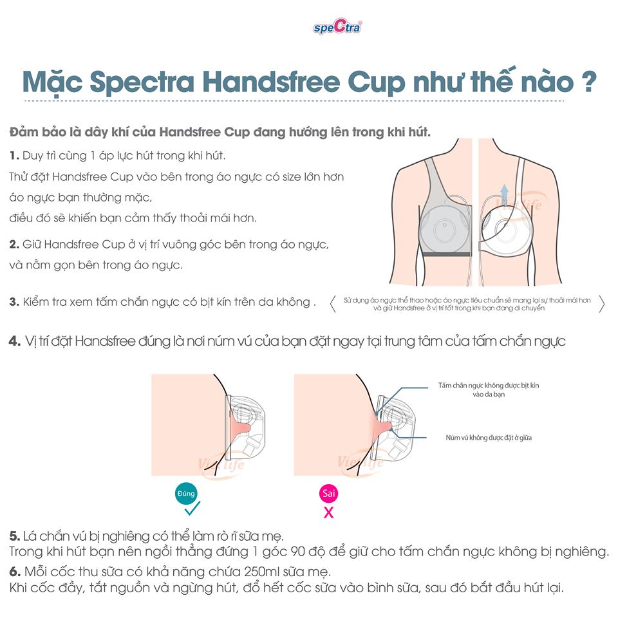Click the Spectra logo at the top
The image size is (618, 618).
(x=337, y=26)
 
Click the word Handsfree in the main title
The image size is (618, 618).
(x=271, y=82)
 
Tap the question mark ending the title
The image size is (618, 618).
(x=589, y=81)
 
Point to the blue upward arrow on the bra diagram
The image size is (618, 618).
(x=504, y=194)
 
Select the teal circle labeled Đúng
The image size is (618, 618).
(x=186, y=494)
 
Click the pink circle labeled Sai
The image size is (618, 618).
(x=329, y=494)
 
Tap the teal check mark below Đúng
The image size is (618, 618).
(x=192, y=509)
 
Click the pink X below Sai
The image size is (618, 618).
(x=329, y=512)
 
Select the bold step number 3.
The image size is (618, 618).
(x=14, y=302)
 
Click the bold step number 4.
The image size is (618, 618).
(x=15, y=341)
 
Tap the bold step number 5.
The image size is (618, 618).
(x=15, y=536)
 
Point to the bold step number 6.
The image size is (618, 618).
(x=15, y=572)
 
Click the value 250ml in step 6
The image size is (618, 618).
(x=262, y=572)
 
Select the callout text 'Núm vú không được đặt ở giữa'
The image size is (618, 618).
(x=489, y=438)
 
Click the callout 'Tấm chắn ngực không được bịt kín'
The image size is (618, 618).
(x=489, y=386)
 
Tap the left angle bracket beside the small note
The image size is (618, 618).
(x=333, y=304)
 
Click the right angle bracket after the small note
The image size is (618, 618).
(x=601, y=304)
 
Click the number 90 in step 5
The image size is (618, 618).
(x=298, y=552)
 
